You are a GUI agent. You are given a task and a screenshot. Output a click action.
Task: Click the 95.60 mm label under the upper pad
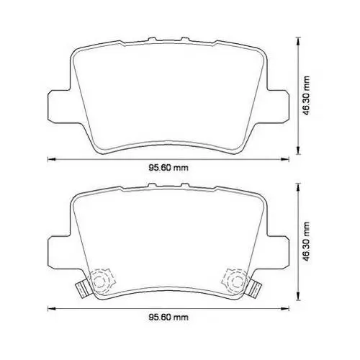168,168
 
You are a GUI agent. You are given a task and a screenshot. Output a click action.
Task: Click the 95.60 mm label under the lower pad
168,318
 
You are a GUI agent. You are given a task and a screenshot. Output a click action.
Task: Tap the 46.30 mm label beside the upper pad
306,96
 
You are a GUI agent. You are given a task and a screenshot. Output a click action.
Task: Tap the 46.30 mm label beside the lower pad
306,241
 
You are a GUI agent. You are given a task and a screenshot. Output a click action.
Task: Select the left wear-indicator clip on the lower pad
83,288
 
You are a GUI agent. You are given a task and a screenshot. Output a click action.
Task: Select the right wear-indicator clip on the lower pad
253,288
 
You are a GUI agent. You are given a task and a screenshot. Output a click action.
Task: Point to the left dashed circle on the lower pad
99,281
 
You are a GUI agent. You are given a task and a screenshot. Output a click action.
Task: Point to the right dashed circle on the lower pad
236,281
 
